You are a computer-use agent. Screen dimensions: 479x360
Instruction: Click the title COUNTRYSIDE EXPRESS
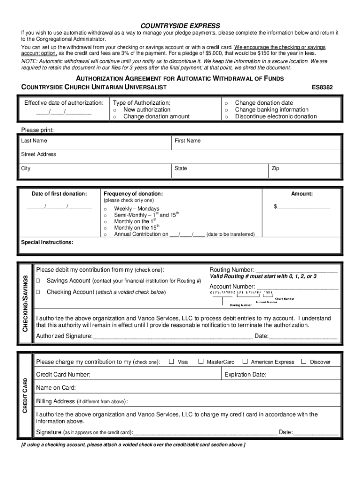(x=180, y=25)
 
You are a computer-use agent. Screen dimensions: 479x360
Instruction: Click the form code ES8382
(x=323, y=87)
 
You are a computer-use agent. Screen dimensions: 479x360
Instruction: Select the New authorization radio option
(x=114, y=109)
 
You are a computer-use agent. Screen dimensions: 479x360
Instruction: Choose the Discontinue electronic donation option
(x=226, y=116)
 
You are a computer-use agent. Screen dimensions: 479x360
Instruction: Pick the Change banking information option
(x=226, y=109)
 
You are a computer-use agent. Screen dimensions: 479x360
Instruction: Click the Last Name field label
(x=34, y=140)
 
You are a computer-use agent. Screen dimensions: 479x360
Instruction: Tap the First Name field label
(x=187, y=140)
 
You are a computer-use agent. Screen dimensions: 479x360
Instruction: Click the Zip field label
(x=275, y=168)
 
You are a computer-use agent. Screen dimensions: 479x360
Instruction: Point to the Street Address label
(x=38, y=154)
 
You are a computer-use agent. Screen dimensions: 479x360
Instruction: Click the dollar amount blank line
(x=304, y=206)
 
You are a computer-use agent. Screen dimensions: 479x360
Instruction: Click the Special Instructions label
(x=47, y=242)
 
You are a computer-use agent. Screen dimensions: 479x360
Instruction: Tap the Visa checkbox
(x=171, y=362)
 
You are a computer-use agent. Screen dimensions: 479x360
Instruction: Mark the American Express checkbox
(x=245, y=362)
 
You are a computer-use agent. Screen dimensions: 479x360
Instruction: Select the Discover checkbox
(x=303, y=362)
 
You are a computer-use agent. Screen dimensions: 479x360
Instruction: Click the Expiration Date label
(x=245, y=375)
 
